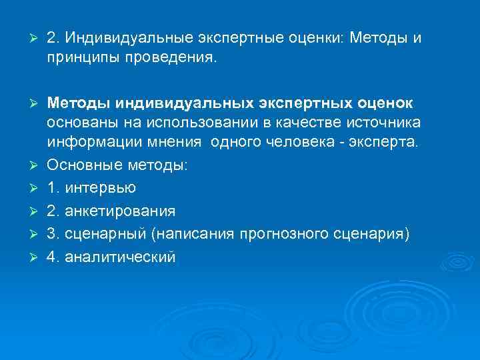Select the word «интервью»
click(99, 188)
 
